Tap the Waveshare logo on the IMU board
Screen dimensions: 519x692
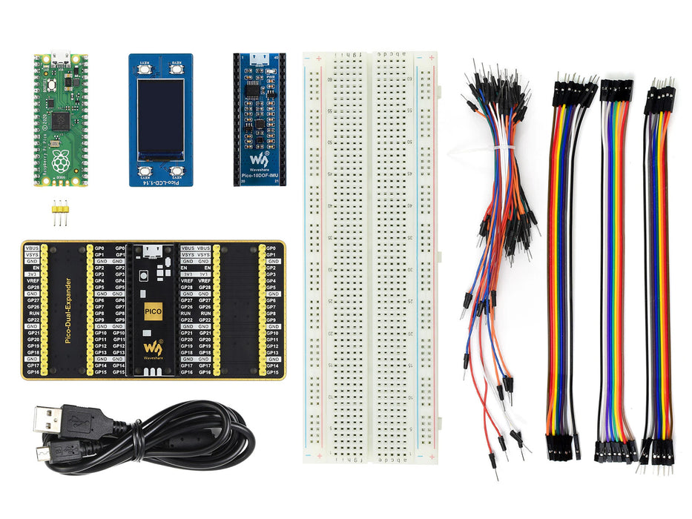pos(257,159)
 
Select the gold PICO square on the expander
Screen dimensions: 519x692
pos(154,311)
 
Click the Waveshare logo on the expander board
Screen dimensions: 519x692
pos(153,347)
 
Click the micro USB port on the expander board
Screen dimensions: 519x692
pos(154,249)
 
